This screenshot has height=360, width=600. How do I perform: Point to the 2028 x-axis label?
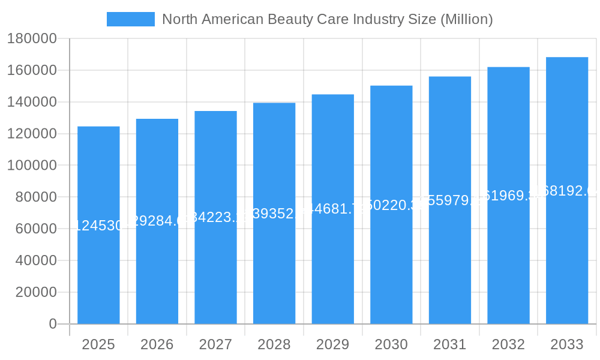274,344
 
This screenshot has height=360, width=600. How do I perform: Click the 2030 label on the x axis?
391,344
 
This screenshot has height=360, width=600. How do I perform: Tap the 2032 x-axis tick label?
508,344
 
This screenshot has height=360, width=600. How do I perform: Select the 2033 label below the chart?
567,344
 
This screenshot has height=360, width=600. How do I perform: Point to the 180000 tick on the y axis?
32,39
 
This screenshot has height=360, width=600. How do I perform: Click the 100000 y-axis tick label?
32,166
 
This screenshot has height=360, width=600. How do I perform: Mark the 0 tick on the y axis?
52,324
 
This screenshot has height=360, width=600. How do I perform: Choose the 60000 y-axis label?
35,229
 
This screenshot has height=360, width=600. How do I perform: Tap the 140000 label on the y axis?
32,102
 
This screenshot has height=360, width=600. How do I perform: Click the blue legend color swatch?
130,19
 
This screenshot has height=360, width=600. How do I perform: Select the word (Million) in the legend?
466,19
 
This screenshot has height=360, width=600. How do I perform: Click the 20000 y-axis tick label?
35,292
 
